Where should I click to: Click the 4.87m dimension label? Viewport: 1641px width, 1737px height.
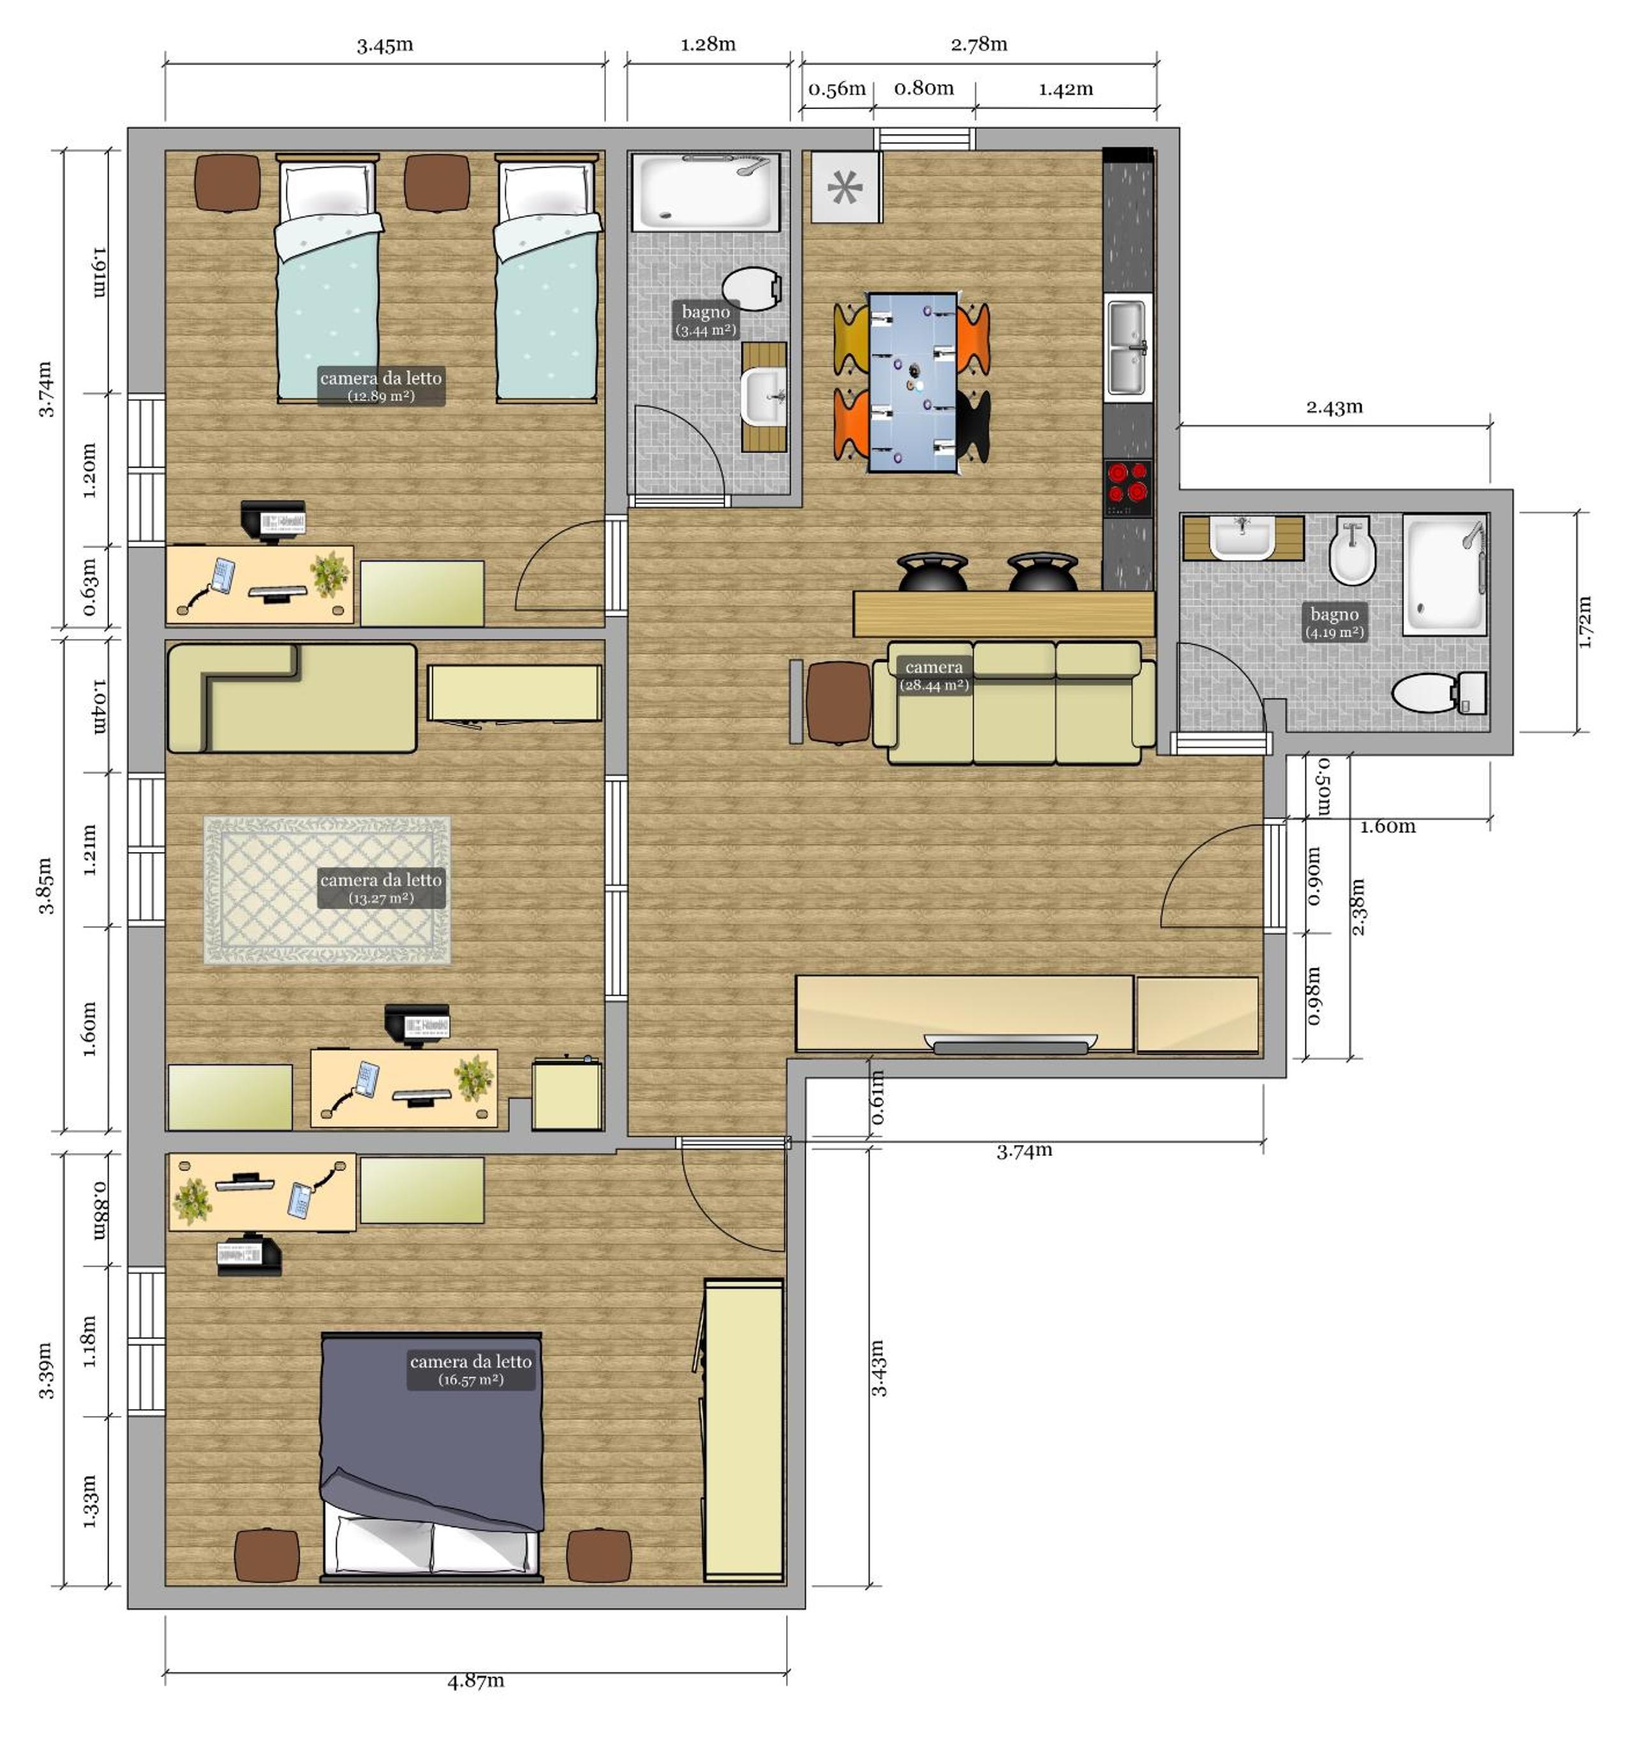click(476, 1680)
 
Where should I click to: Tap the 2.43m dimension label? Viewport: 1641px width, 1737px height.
click(1334, 407)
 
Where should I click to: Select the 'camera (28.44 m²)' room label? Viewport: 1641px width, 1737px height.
click(934, 675)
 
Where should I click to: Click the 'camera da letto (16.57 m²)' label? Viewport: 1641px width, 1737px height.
click(471, 1370)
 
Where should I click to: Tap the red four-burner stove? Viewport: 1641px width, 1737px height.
click(1127, 487)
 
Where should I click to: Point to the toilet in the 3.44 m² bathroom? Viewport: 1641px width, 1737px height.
click(752, 288)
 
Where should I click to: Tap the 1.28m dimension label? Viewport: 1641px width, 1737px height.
click(709, 44)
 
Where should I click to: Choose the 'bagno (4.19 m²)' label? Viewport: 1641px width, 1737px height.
click(1334, 622)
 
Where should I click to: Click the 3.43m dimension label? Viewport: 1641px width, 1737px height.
click(878, 1368)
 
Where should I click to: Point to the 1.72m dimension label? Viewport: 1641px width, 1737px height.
click(1584, 622)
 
